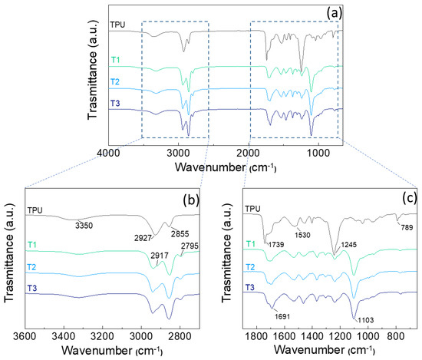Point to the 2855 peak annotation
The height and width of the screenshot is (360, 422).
pyautogui.click(x=179, y=233)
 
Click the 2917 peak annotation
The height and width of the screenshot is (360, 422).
pyautogui.click(x=159, y=253)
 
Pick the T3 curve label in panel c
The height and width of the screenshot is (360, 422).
pyautogui.click(x=249, y=286)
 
